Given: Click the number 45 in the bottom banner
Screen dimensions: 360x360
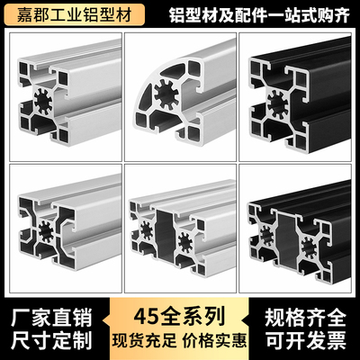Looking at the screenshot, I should point(148,317).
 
